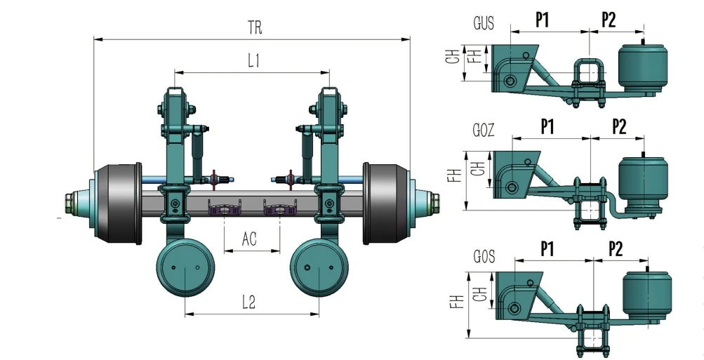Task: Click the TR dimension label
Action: pyautogui.click(x=256, y=28)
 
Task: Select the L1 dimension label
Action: pyautogui.click(x=253, y=61)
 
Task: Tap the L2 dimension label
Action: pyautogui.click(x=248, y=302)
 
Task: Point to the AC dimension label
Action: pyautogui.click(x=249, y=240)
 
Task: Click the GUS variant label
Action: pyautogui.click(x=483, y=24)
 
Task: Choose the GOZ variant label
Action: pyautogui.click(x=484, y=131)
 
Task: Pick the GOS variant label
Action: pyautogui.click(x=484, y=257)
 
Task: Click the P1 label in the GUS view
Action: pyautogui.click(x=542, y=20)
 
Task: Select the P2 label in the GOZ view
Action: pyautogui.click(x=618, y=126)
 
